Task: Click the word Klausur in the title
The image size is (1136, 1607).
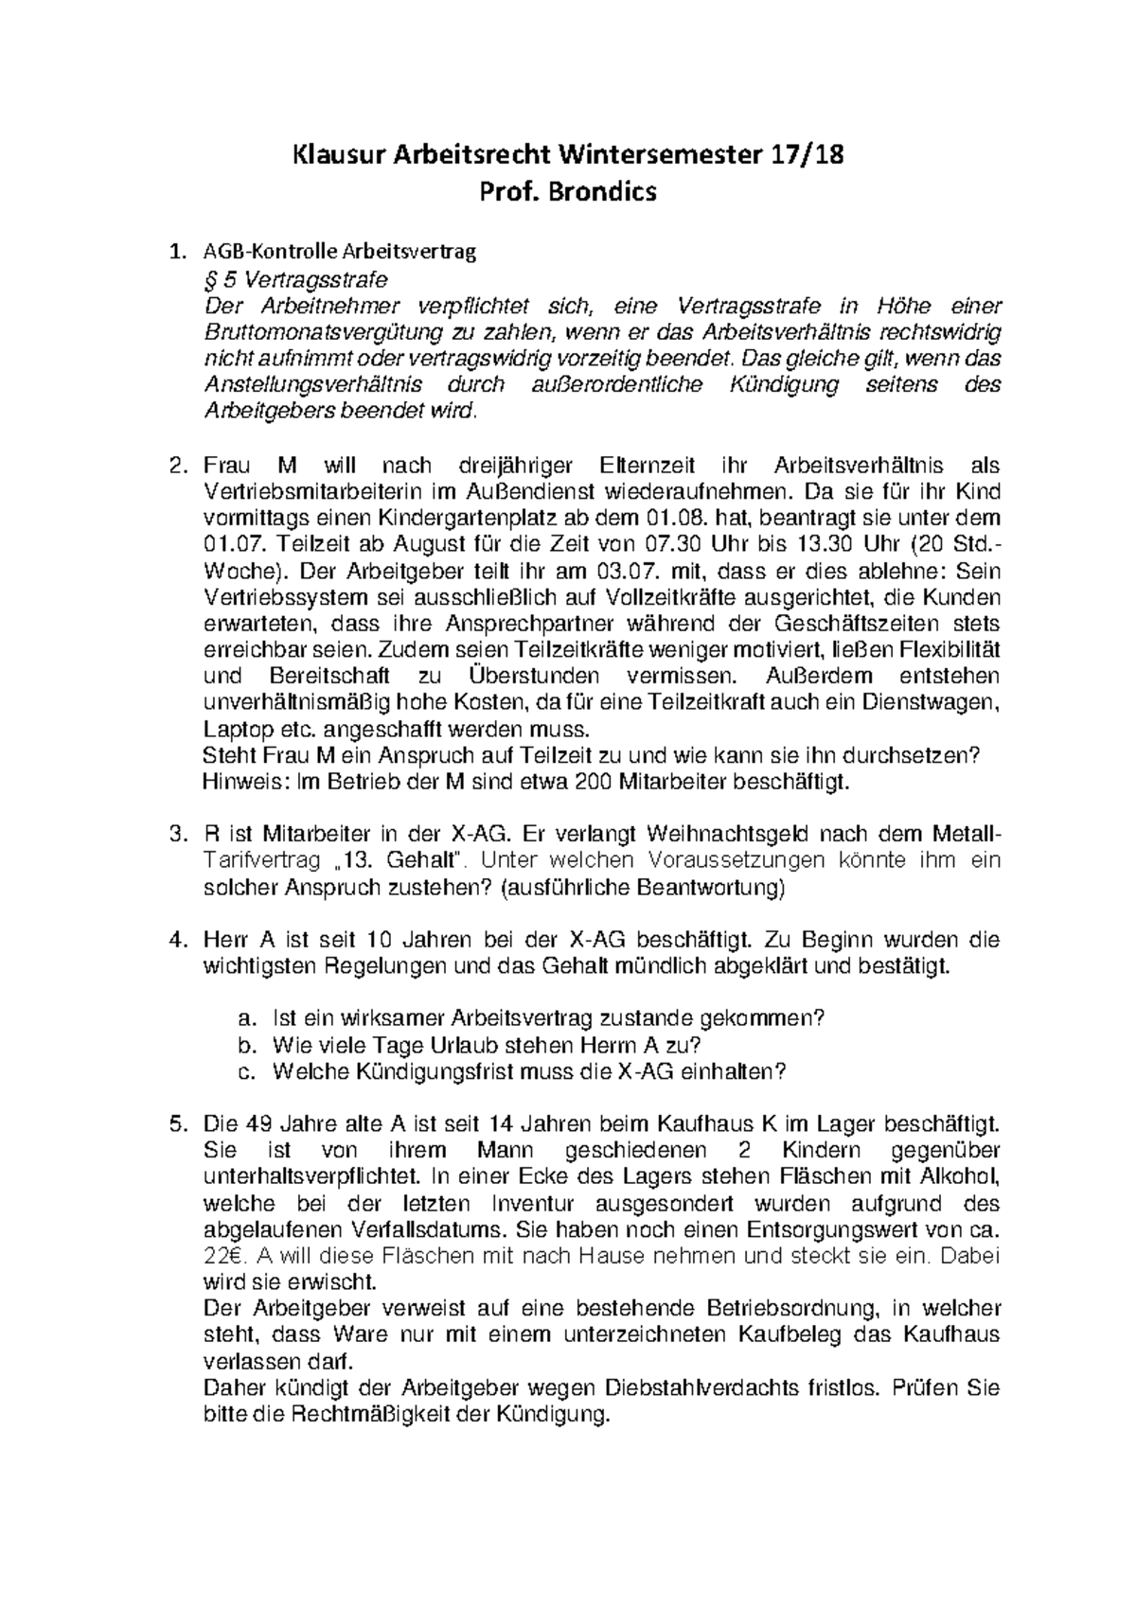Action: (337, 152)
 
